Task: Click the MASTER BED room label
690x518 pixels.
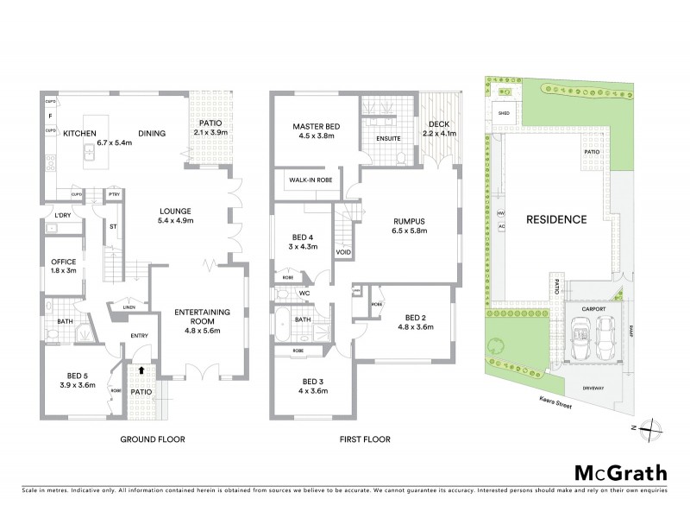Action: pos(316,127)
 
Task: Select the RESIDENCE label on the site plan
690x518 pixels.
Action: pos(556,219)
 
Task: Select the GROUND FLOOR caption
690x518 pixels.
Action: pos(152,439)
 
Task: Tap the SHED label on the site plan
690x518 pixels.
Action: pos(504,112)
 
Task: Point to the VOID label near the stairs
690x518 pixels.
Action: pos(342,253)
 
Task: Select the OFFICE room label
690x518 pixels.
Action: pos(65,262)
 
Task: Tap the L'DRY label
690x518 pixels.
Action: pos(62,214)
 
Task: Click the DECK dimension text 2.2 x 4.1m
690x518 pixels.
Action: pos(439,134)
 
